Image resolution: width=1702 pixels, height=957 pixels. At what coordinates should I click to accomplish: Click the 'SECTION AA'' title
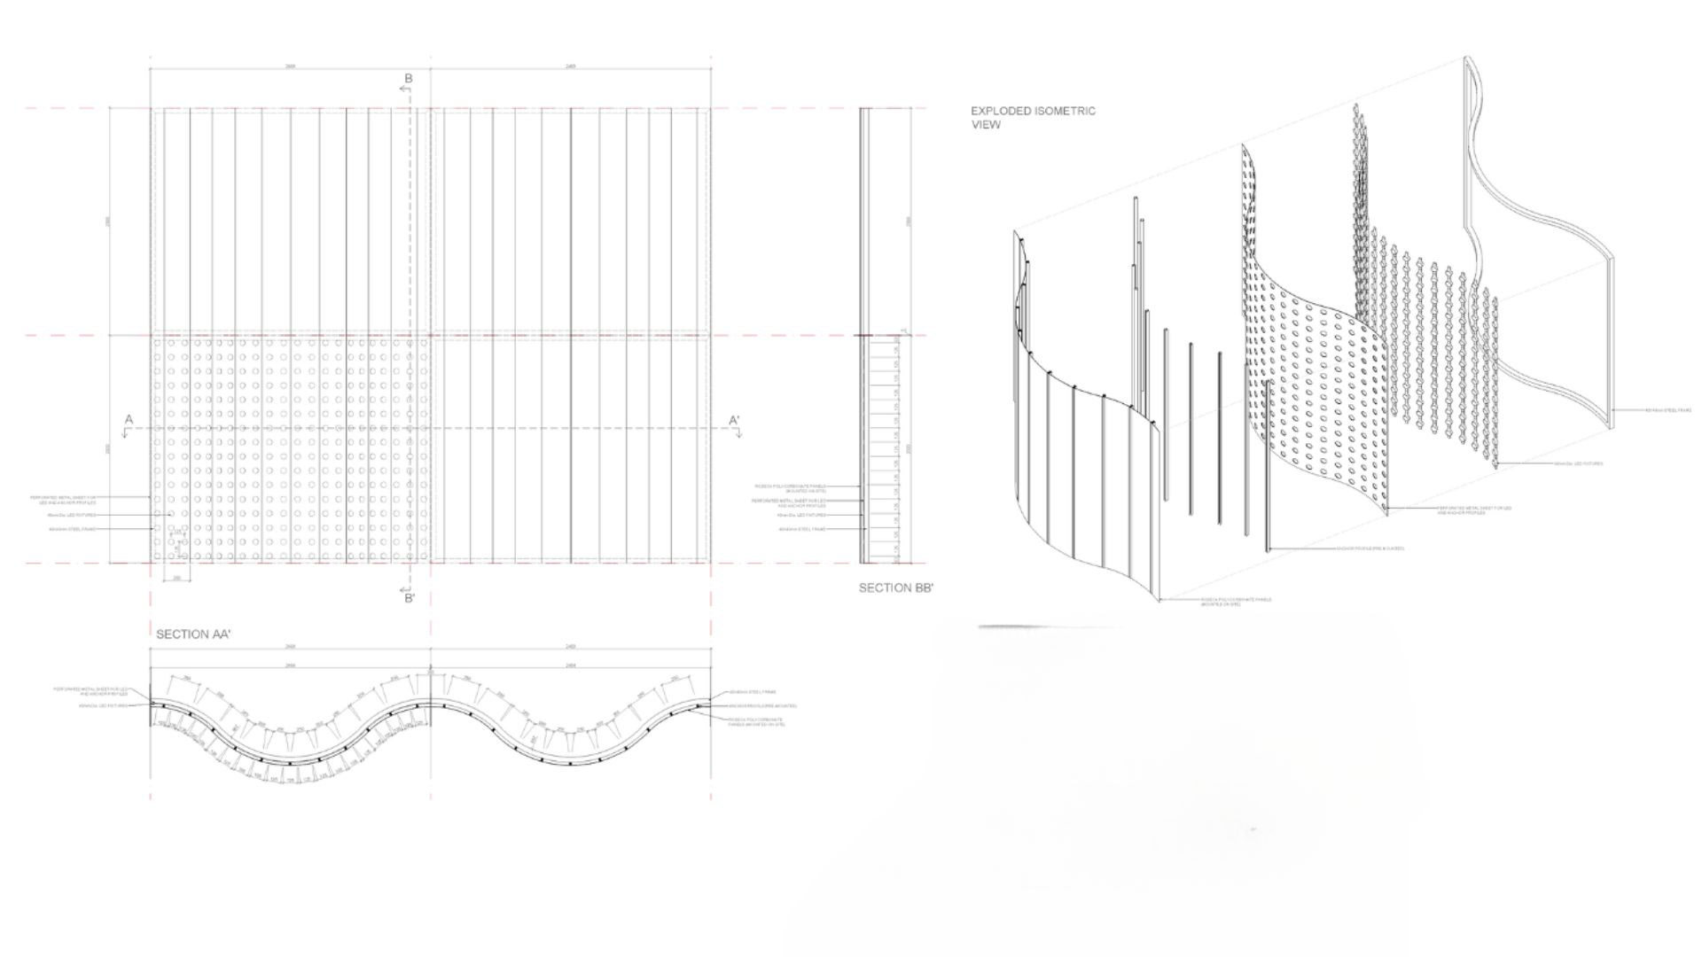pos(193,634)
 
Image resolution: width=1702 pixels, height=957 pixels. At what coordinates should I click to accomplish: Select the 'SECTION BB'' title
pos(896,587)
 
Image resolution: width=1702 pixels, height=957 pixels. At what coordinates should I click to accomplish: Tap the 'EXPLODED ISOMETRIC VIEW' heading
pos(1033,118)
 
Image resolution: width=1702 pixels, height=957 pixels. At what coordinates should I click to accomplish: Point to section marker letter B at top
pos(409,79)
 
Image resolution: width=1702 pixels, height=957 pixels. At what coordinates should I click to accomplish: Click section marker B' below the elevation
pos(410,598)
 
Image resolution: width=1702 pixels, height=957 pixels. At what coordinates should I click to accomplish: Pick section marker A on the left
pos(129,420)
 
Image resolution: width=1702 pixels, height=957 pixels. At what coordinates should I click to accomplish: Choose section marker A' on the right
pos(734,420)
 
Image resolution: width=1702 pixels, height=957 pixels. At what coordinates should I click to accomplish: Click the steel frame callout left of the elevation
pos(75,530)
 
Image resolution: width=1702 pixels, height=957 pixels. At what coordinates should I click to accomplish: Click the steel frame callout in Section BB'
pos(801,529)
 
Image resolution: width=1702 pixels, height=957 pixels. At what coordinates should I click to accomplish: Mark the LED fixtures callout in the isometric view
pos(1578,463)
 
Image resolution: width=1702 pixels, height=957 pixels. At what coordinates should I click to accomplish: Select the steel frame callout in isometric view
pos(1667,410)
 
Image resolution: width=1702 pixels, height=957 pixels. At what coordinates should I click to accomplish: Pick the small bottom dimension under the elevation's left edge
pos(177,578)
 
